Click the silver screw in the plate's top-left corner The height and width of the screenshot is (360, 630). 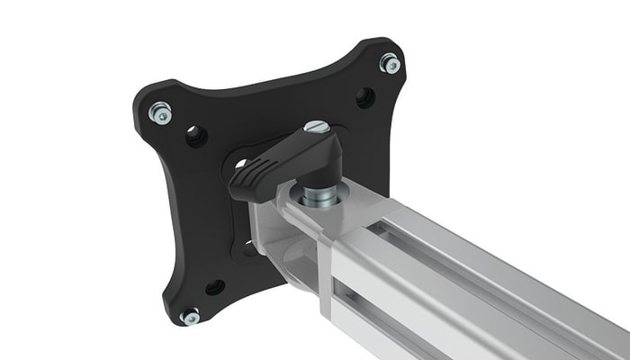(160, 112)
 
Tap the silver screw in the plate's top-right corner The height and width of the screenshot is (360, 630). (390, 63)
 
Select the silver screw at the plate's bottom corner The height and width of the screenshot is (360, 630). (190, 316)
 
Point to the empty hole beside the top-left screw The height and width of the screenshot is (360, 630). (195, 136)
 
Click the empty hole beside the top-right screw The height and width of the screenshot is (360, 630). (364, 97)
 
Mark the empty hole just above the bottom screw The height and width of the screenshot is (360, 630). (215, 287)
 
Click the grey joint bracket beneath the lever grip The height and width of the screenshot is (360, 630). (270, 225)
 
